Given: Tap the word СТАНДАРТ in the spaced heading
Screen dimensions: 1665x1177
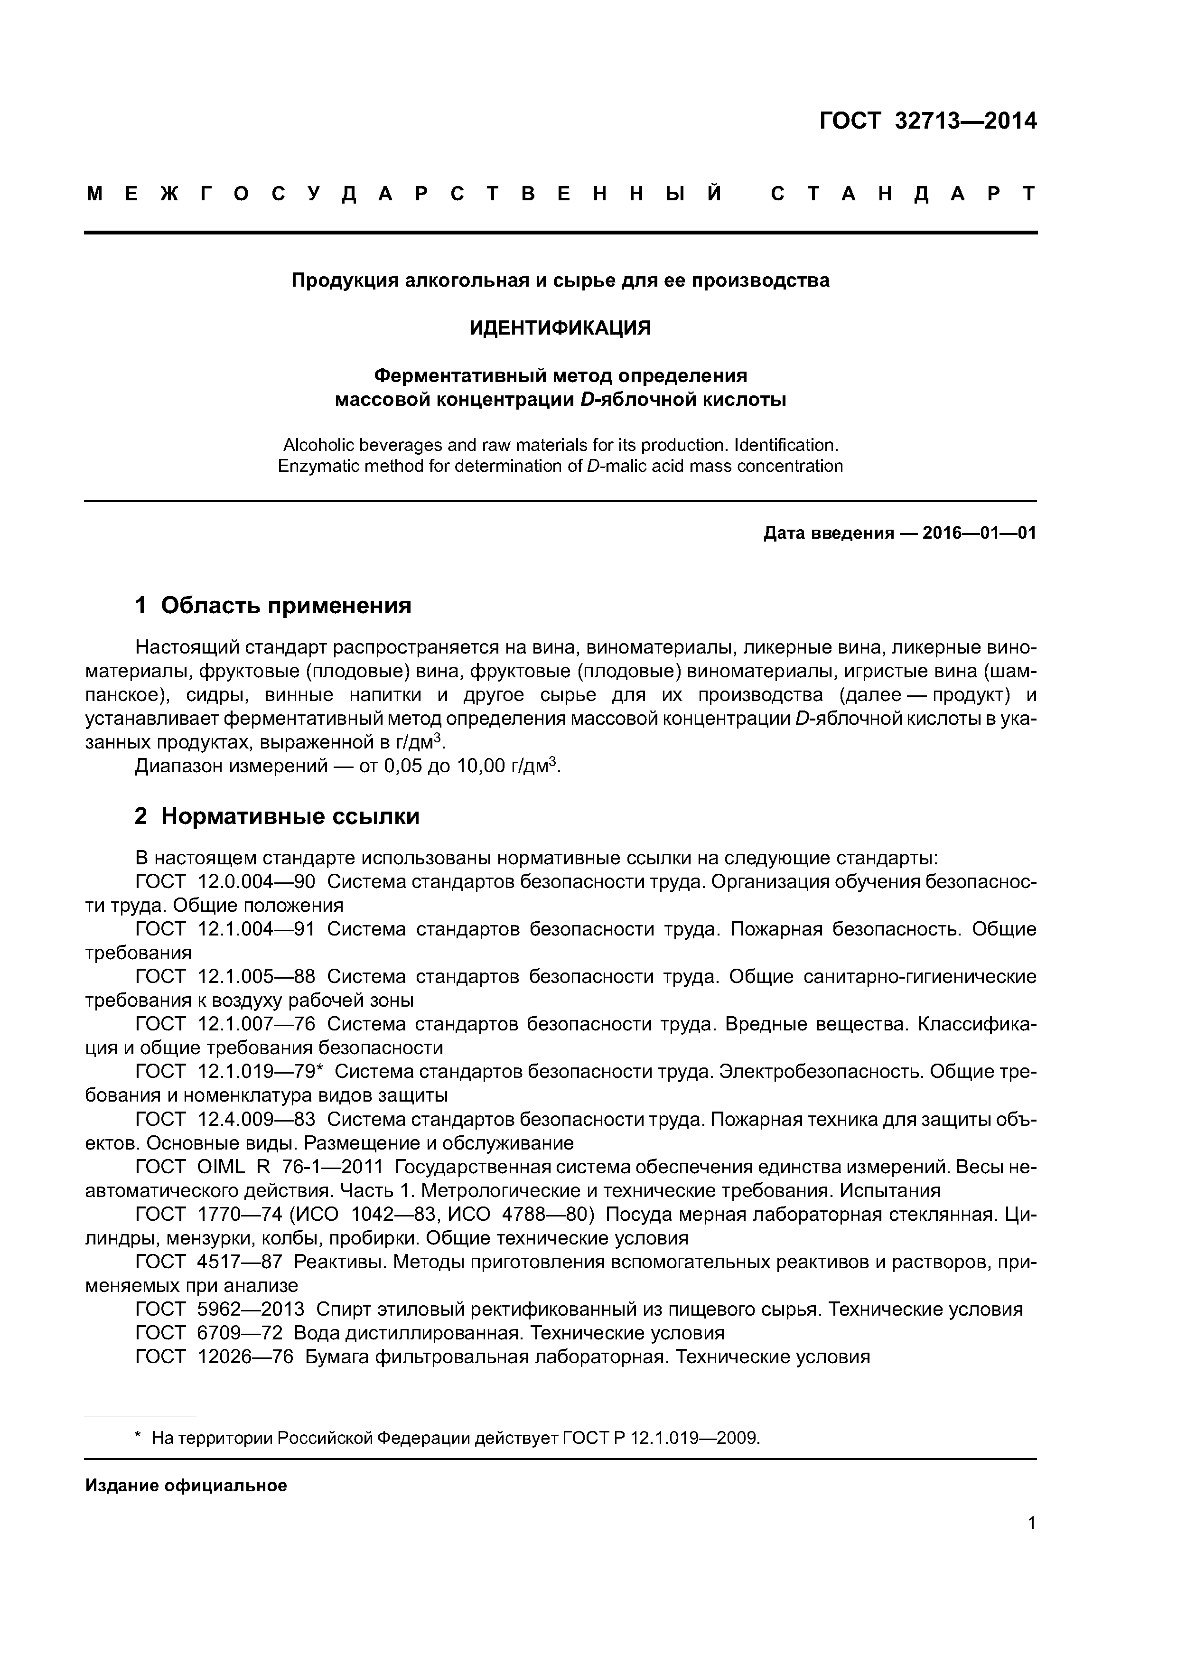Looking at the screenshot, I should click(903, 194).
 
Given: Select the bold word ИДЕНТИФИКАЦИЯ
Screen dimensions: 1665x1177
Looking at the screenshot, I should click(560, 328).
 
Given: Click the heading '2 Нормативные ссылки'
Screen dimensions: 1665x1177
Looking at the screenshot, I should click(277, 816).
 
